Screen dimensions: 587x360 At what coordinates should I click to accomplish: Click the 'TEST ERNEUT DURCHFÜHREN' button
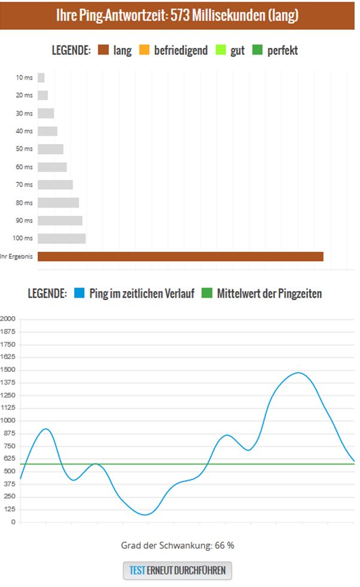pos(177,570)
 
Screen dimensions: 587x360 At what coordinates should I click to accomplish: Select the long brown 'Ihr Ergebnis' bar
pos(180,256)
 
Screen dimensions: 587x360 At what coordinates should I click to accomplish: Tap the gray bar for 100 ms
pos(62,239)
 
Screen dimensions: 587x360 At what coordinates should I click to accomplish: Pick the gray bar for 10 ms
pos(41,77)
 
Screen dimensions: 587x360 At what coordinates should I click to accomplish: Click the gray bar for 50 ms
pos(50,149)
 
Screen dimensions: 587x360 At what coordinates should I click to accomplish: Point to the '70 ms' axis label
pos(24,185)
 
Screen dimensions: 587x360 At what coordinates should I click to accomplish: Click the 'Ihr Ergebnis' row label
pos(16,256)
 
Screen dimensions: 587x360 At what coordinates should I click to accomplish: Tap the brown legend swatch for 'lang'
pos(103,50)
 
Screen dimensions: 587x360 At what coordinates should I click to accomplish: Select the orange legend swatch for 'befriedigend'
pos(144,50)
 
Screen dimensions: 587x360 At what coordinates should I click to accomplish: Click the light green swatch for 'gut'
pos(219,50)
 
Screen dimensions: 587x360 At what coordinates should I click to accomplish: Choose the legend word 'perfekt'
pos(282,50)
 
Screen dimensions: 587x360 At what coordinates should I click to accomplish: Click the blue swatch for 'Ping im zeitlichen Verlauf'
pos(79,293)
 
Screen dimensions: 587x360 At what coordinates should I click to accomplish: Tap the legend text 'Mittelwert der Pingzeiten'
pos(269,293)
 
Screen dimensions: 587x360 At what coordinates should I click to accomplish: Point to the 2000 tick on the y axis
pos(8,319)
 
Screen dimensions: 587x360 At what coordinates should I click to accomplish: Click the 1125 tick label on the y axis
pos(8,408)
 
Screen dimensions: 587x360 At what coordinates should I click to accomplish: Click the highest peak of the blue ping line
pos(298,373)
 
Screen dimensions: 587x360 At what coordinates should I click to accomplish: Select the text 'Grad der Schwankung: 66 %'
pos(179,545)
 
